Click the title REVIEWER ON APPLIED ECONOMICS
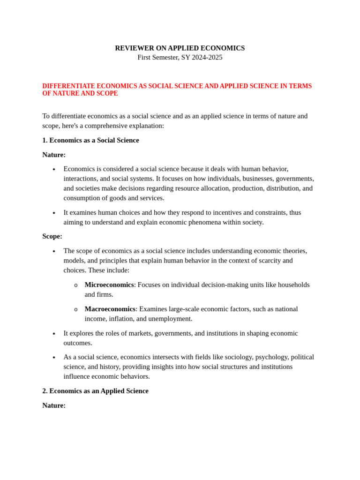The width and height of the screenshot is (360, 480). [x=180, y=48]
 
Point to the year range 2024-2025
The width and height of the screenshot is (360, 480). [x=207, y=57]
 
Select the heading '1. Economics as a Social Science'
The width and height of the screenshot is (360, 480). [x=90, y=140]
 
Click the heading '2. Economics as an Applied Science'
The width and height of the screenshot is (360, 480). [x=95, y=391]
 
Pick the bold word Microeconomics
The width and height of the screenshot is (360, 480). [x=109, y=285]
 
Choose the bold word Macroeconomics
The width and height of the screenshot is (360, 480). [x=110, y=309]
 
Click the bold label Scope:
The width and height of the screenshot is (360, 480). [x=52, y=236]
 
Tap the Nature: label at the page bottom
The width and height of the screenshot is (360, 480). [x=54, y=405]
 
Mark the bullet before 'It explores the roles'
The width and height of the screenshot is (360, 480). [x=54, y=334]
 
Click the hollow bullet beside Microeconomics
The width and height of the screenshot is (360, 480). [x=76, y=285]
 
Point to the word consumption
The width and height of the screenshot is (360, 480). [x=82, y=198]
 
